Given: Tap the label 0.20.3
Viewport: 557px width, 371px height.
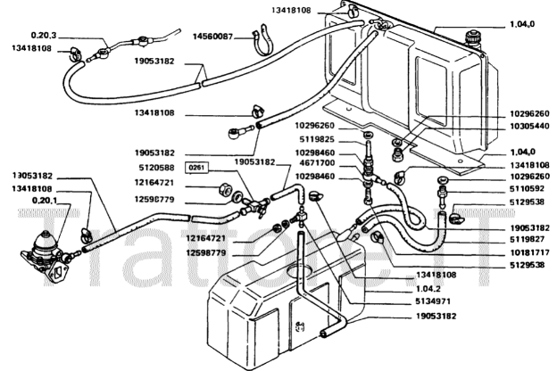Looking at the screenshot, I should click(x=43, y=35).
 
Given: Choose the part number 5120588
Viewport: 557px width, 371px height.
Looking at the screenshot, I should click(x=157, y=166).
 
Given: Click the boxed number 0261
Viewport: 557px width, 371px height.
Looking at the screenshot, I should click(x=195, y=168).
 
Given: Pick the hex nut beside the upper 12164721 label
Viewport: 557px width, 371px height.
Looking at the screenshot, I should click(x=227, y=188).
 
